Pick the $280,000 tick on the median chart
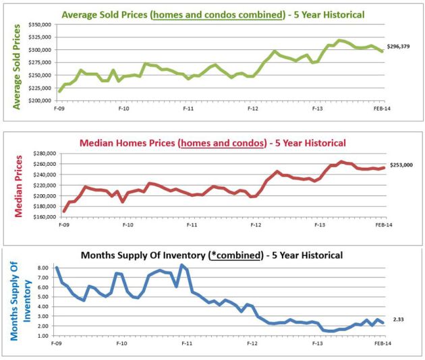[43, 154]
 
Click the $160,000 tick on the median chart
[43, 217]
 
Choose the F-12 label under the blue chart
[252, 344]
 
